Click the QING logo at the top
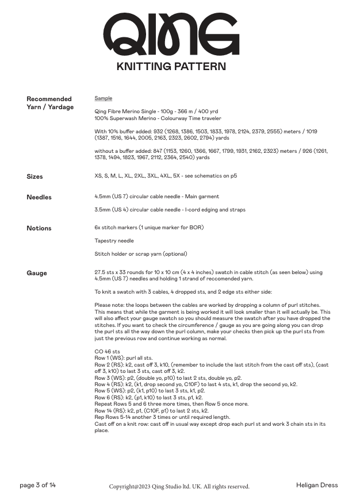[171, 35]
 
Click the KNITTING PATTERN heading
[171, 67]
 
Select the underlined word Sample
[104, 98]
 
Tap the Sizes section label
[35, 176]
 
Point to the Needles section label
[39, 197]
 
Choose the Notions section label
[39, 228]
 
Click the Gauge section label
[37, 273]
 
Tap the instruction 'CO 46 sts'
[108, 351]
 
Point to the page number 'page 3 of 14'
[38, 486]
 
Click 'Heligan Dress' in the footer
[317, 486]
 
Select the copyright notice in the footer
[179, 487]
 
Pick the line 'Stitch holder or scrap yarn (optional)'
[141, 253]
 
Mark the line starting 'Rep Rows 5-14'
[162, 417]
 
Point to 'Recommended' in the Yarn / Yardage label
[49, 99]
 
